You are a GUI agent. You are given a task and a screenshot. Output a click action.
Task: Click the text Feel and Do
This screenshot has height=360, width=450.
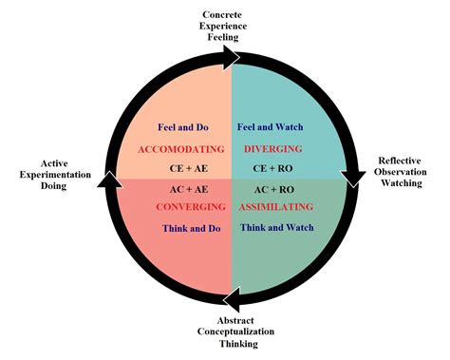coord(179,126)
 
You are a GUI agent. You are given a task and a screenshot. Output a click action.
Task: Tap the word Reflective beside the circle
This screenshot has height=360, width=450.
coord(403,161)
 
